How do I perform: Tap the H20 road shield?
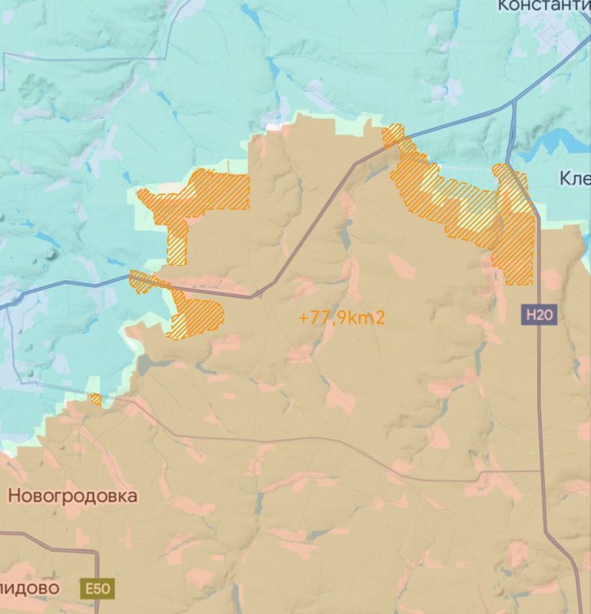(540, 313)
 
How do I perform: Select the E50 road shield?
(97, 589)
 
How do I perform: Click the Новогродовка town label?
(73, 496)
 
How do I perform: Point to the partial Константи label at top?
(543, 6)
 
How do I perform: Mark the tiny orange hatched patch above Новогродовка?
(95, 399)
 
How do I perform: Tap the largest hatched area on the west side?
(196, 200)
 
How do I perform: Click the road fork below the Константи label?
(513, 104)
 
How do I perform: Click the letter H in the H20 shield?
(531, 313)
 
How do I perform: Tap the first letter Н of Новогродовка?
(14, 496)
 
